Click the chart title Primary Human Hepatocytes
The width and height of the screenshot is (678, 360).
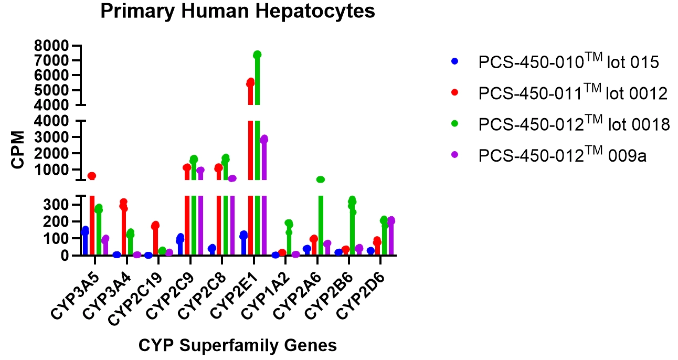[237, 11]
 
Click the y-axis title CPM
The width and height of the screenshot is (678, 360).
[18, 150]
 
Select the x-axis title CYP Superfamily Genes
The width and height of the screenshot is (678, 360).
[237, 345]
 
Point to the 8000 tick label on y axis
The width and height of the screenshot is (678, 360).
[51, 46]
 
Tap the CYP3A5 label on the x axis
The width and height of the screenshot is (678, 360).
[74, 294]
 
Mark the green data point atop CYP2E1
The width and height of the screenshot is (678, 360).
[257, 55]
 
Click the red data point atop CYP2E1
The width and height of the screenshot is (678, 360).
[250, 82]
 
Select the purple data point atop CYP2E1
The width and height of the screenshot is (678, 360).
[264, 139]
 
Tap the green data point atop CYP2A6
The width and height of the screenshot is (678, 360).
[321, 179]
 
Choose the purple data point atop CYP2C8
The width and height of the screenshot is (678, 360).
[232, 178]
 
